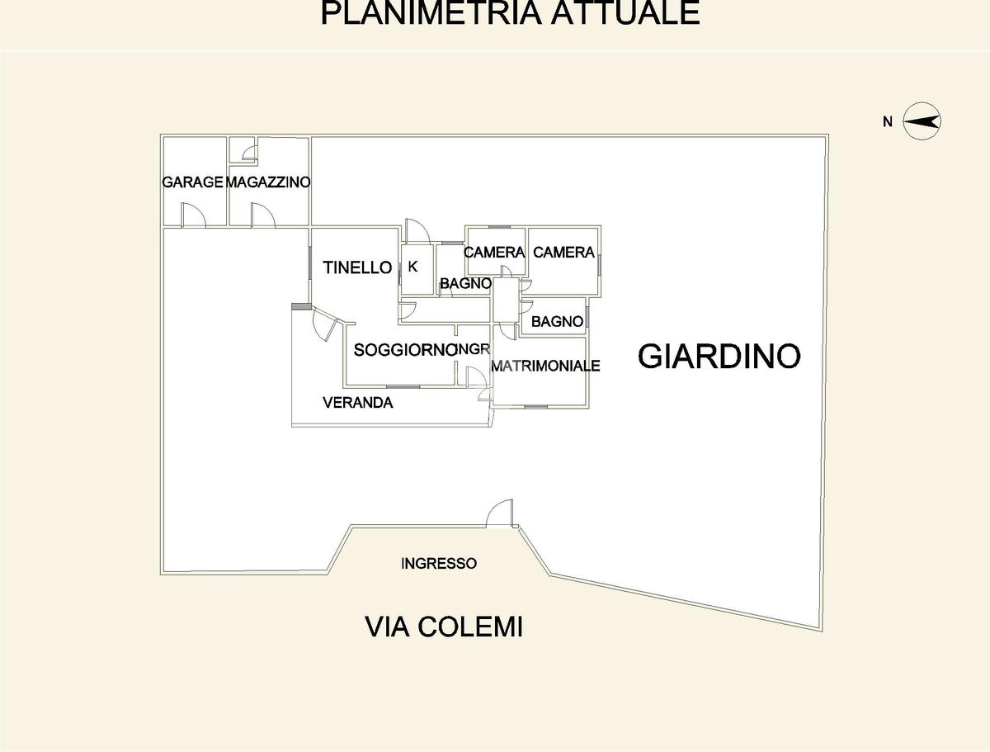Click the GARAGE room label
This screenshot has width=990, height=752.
(x=192, y=182)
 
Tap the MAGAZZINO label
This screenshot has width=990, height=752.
(x=268, y=182)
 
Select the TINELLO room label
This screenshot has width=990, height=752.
(x=357, y=267)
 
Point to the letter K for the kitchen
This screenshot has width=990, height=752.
(x=412, y=267)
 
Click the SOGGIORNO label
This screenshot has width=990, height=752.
(x=405, y=350)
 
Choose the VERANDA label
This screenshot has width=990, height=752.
(x=358, y=402)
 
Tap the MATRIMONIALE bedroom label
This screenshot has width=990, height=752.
(x=545, y=366)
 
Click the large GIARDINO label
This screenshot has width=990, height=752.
(x=719, y=356)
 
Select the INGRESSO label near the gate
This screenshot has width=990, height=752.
(x=439, y=564)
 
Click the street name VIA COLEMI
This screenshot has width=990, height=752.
(x=444, y=627)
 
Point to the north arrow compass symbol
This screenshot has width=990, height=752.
(x=922, y=121)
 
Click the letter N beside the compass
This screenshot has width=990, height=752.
(x=888, y=122)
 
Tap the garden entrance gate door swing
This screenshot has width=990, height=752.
(x=500, y=513)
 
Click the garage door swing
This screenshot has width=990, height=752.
(x=194, y=215)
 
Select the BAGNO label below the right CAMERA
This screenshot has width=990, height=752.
(x=557, y=322)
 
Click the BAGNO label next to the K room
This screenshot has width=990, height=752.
(x=465, y=283)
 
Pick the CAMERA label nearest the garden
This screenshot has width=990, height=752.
(x=563, y=252)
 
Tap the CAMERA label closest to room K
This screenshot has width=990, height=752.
(x=494, y=252)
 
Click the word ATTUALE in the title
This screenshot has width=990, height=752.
(x=625, y=12)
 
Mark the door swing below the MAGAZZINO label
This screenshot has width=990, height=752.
(x=263, y=215)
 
